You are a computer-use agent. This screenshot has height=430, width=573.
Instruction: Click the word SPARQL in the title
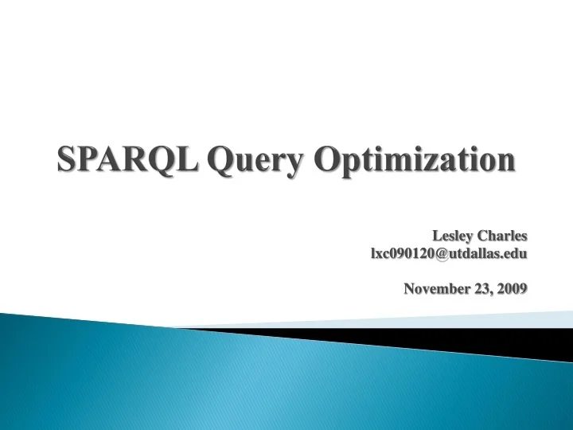127,161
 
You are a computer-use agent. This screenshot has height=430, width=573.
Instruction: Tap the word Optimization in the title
414,162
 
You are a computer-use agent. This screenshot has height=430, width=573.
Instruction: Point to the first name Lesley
451,236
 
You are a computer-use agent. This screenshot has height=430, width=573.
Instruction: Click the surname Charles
501,236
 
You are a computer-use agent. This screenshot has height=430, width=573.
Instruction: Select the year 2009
513,289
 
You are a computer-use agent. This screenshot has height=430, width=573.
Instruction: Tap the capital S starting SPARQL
66,161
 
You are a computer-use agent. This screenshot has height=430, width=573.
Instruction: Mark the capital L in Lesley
437,236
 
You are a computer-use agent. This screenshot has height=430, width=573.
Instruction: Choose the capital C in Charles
481,236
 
